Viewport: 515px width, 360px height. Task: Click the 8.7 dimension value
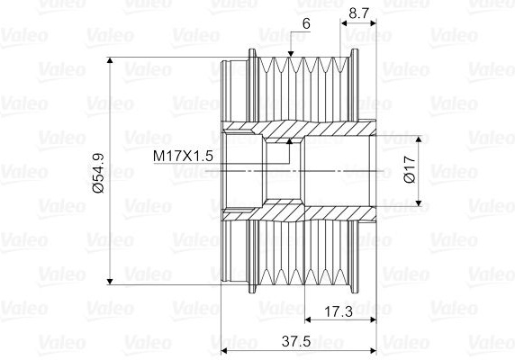(x=359, y=13)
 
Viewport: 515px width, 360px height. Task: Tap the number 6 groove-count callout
(x=306, y=23)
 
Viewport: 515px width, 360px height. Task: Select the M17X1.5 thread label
(x=183, y=156)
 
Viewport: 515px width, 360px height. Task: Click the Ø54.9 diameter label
(x=98, y=173)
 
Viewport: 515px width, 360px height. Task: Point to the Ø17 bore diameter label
(x=410, y=170)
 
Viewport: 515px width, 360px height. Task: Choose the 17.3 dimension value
(x=339, y=311)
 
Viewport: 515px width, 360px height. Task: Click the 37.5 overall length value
(x=296, y=342)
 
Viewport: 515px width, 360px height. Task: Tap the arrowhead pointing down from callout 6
(x=290, y=54)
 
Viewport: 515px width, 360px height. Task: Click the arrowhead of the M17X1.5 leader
(x=289, y=141)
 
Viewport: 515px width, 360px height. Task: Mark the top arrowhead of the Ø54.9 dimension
(x=110, y=60)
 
